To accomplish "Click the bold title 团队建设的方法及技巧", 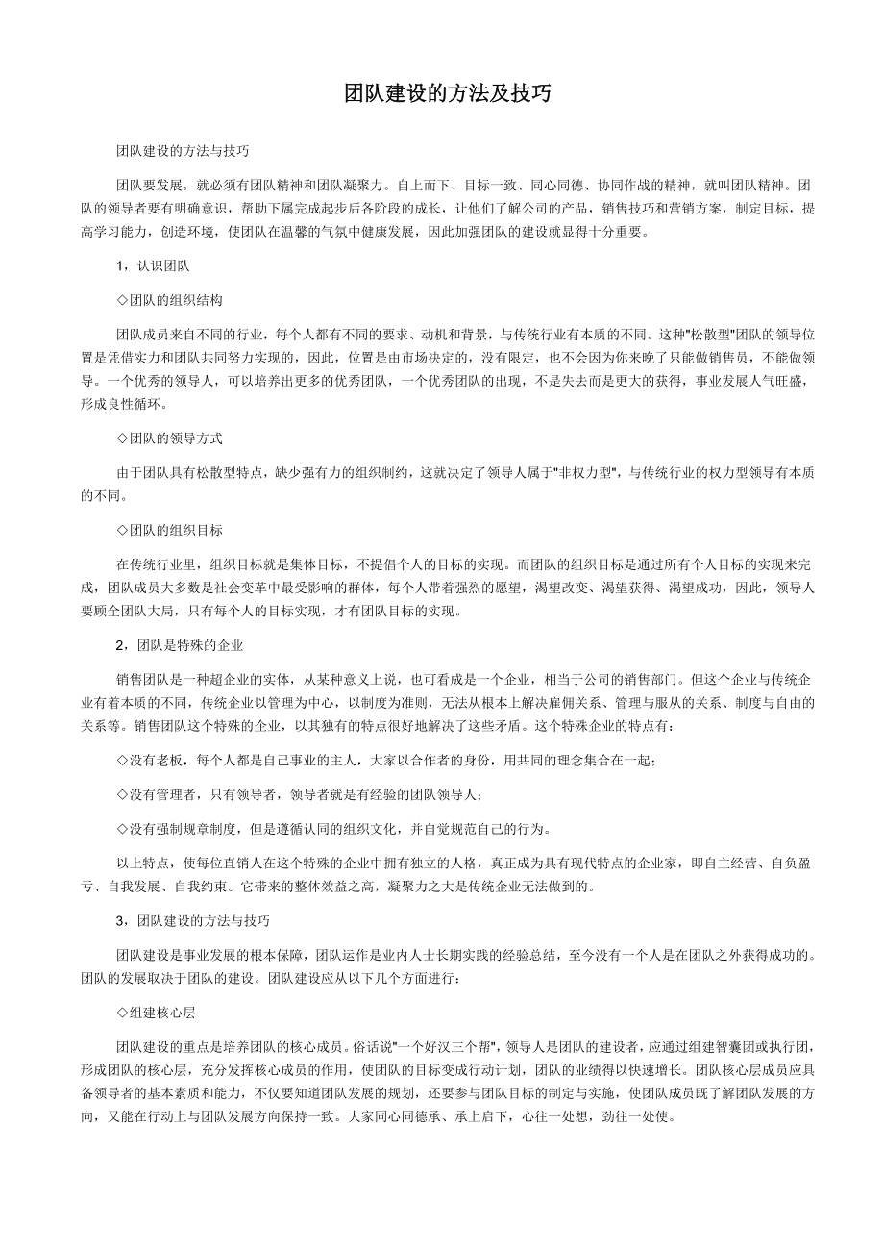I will pyautogui.click(x=448, y=93).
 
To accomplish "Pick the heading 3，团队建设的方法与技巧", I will pyautogui.click(x=192, y=920).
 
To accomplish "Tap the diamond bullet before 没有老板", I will pyautogui.click(x=122, y=760).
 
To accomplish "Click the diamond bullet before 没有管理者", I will pyautogui.click(x=122, y=794).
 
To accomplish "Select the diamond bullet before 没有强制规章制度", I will pyautogui.click(x=122, y=828).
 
